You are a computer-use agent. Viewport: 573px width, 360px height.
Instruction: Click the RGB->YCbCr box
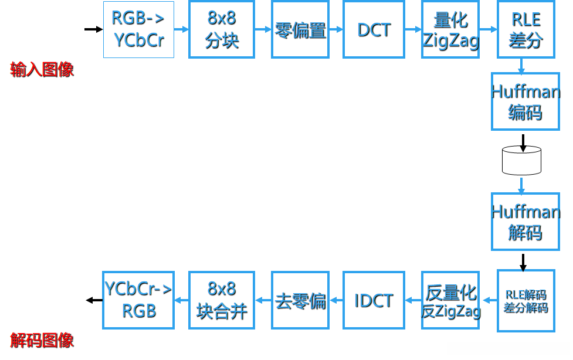(138, 29)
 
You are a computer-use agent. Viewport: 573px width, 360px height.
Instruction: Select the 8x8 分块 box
(221, 29)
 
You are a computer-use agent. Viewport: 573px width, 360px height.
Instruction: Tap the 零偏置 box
(300, 29)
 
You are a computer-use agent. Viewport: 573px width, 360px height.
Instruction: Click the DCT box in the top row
(374, 29)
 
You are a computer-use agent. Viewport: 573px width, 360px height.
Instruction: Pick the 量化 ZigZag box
(450, 29)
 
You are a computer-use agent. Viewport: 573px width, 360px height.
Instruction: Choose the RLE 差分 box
(525, 29)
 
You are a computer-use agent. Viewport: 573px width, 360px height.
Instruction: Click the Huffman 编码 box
(525, 101)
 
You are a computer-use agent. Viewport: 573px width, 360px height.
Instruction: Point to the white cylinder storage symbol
(521, 160)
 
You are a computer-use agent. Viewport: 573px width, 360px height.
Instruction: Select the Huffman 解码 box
(525, 222)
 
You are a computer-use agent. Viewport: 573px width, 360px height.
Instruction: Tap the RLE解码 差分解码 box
(525, 301)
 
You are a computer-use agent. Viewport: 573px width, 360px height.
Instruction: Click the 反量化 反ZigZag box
(450, 300)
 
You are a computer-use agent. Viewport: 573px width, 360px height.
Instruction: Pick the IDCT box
(374, 300)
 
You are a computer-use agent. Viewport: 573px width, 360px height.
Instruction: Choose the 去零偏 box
(300, 300)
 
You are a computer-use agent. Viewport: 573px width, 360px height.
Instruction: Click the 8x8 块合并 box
(221, 300)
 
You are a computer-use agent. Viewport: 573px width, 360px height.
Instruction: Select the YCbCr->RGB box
(138, 300)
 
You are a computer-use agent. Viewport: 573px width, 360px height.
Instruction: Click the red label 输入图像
(42, 70)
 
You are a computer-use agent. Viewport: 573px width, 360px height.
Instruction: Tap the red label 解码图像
(42, 341)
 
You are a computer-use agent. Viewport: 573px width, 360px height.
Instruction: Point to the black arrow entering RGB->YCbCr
(93, 29)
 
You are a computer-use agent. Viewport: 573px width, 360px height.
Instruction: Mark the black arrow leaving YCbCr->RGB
(94, 300)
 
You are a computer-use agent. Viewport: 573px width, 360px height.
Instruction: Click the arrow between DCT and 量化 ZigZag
(413, 29)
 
